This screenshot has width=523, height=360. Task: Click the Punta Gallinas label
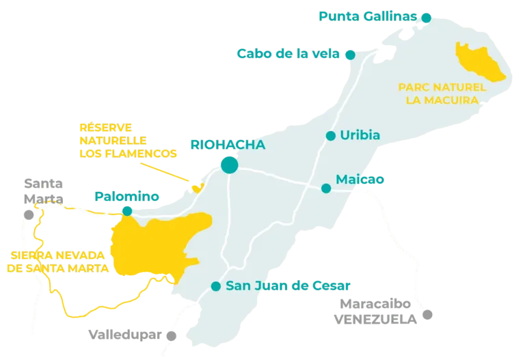coord(367,16)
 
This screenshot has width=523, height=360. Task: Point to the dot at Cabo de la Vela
coord(349,53)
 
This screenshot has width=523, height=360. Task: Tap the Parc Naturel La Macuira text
coord(442,94)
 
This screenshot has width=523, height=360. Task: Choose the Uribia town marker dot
coord(331,135)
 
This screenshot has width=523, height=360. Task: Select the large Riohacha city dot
coord(230,165)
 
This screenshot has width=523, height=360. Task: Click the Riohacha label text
coord(228,145)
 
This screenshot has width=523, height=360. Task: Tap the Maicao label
coord(360,180)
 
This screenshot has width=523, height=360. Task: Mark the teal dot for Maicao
coord(326,188)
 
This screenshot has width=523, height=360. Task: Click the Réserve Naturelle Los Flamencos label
coord(127,141)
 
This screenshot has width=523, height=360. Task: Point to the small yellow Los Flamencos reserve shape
coord(198,187)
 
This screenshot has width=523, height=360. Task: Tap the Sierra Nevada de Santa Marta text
coord(57,262)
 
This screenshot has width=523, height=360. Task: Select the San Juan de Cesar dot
coord(216,286)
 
